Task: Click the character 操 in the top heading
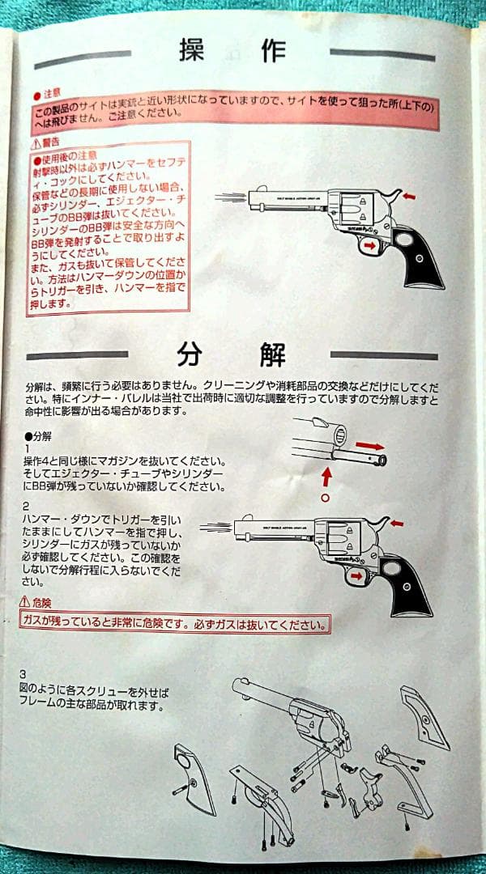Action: [x=194, y=51]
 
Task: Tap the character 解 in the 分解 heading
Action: [x=264, y=354]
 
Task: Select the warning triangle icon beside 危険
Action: [x=24, y=603]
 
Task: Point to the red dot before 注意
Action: [x=36, y=95]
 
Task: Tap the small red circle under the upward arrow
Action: [x=326, y=497]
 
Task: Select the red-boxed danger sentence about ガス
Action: [x=174, y=624]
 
